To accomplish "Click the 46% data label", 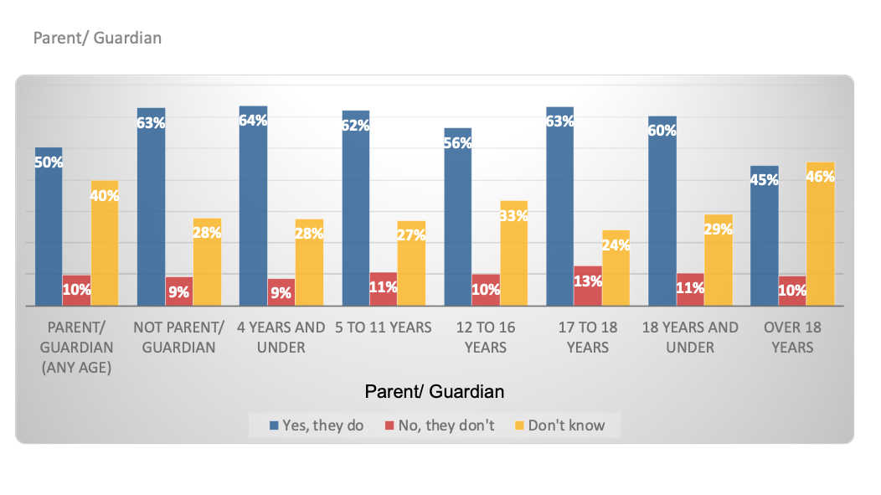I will [821, 177].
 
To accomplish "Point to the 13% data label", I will [588, 281].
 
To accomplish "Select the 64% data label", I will [253, 120].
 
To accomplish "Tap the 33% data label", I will [513, 215].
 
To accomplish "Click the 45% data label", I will [765, 180].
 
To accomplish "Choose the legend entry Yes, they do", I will [317, 425].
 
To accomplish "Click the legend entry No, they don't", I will [439, 425].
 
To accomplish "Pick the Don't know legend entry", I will [559, 425].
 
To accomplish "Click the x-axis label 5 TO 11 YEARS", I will [383, 327].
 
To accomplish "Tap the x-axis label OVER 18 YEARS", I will [792, 337].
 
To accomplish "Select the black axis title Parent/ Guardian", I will [435, 391].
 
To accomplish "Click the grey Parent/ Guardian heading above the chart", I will [97, 38].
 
